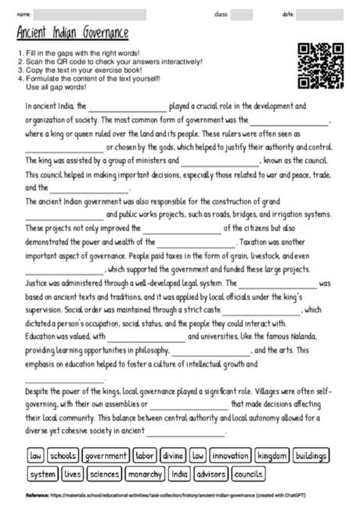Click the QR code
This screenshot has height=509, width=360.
pos(321,66)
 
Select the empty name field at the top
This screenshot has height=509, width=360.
pos(90,14)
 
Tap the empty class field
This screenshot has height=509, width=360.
pos(242,14)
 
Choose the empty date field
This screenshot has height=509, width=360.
pos(320,14)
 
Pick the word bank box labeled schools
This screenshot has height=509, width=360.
pos(63,455)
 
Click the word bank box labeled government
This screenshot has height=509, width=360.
pos(106,455)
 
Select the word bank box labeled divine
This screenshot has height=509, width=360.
pos(172,455)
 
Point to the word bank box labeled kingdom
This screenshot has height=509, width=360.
pos(272,455)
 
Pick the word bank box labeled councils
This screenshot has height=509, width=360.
pos(248,474)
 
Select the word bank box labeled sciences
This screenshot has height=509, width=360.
pos(104,474)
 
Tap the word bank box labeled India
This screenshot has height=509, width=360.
pos(180,474)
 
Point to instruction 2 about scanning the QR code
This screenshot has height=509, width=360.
pos(110,61)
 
